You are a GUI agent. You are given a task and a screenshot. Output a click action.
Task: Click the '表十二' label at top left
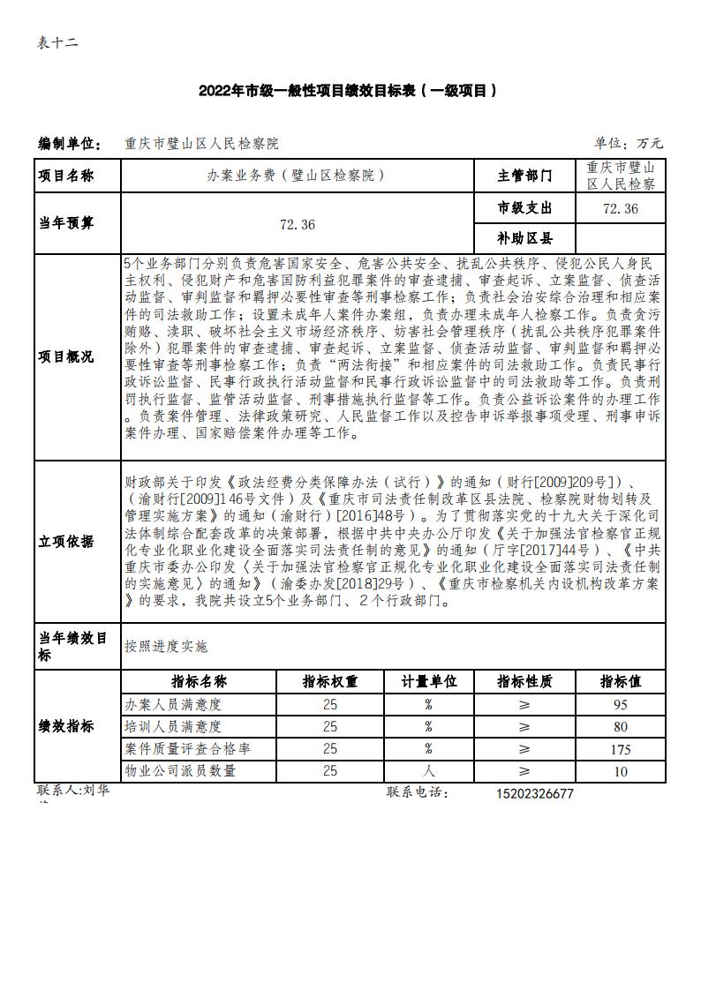pyautogui.click(x=58, y=43)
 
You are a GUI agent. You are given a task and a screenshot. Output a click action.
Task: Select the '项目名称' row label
pyautogui.click(x=65, y=176)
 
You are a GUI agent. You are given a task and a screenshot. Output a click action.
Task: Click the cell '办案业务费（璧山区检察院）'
pyautogui.click(x=297, y=176)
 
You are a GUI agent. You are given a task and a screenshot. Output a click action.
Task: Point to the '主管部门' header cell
pyautogui.click(x=524, y=176)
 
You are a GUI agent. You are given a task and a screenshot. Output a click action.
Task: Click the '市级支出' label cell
pyautogui.click(x=524, y=208)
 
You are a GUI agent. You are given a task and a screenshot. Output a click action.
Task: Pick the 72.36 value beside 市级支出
pyautogui.click(x=620, y=208)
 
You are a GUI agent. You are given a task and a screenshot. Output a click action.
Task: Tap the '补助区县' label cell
pyautogui.click(x=524, y=238)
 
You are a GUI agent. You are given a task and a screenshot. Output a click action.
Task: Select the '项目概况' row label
pyautogui.click(x=65, y=356)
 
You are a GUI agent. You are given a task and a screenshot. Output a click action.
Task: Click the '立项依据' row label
pyautogui.click(x=65, y=542)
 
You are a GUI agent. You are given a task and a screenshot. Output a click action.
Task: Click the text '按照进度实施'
pyautogui.click(x=167, y=647)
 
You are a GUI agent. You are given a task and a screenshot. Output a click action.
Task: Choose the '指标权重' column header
pyautogui.click(x=330, y=682)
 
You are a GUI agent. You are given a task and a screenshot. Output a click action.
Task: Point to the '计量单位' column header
pyautogui.click(x=429, y=682)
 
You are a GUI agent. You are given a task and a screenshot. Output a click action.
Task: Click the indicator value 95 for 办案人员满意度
pyautogui.click(x=620, y=705)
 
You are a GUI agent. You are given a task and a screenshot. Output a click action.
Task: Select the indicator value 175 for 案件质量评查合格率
pyautogui.click(x=620, y=749)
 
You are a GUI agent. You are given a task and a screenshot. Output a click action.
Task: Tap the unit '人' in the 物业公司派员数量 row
pyautogui.click(x=429, y=770)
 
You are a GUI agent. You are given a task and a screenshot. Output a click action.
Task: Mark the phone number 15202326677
pyautogui.click(x=536, y=793)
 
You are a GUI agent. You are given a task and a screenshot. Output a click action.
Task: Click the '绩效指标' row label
pyautogui.click(x=65, y=726)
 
